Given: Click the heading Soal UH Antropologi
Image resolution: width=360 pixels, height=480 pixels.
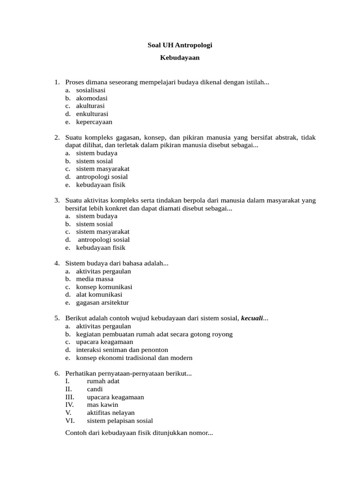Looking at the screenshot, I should pyautogui.click(x=180, y=45).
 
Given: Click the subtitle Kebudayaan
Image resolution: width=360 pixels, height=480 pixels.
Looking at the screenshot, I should pyautogui.click(x=180, y=58).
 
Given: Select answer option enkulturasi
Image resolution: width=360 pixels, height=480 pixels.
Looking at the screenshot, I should pyautogui.click(x=92, y=114).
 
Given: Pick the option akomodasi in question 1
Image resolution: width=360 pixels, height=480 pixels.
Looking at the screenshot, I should pyautogui.click(x=92, y=98).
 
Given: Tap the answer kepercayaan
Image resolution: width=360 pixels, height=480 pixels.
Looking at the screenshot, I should pyautogui.click(x=94, y=122).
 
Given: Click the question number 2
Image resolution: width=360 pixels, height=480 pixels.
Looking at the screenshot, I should pyautogui.click(x=57, y=137).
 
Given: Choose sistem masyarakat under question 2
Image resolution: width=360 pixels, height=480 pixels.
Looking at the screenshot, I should pyautogui.click(x=103, y=169).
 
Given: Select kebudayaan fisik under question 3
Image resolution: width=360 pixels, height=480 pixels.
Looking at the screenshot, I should pyautogui.click(x=101, y=247).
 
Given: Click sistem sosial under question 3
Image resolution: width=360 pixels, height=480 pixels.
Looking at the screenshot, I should pyautogui.click(x=95, y=224).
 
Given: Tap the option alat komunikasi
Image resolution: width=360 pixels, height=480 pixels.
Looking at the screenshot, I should pyautogui.click(x=99, y=294).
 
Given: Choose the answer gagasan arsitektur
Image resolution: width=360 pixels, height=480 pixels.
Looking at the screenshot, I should pyautogui.click(x=102, y=302).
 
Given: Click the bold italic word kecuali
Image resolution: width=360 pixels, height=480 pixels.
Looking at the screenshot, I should pyautogui.click(x=252, y=318).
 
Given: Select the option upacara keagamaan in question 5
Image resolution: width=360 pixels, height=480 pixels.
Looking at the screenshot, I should pyautogui.click(x=105, y=342).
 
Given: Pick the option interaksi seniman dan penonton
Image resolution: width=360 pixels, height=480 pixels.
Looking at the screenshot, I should pyautogui.click(x=122, y=350).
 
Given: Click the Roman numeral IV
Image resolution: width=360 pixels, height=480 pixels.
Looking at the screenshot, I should pyautogui.click(x=69, y=405).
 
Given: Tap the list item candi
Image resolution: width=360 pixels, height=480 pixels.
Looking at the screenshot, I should pyautogui.click(x=95, y=389).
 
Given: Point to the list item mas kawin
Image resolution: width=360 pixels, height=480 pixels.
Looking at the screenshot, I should pyautogui.click(x=103, y=405).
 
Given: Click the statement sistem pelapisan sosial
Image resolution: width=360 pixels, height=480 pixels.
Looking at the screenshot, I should pyautogui.click(x=120, y=420).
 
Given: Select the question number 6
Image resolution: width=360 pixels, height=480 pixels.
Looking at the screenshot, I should pyautogui.click(x=57, y=373).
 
